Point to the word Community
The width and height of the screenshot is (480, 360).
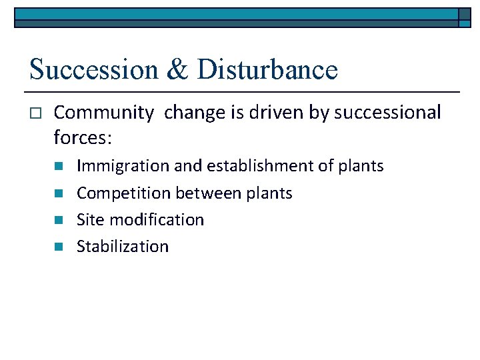(x=103, y=113)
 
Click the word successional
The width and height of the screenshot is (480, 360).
(x=387, y=113)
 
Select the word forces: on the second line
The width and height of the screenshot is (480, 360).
(x=83, y=138)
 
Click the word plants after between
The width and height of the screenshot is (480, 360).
(x=268, y=193)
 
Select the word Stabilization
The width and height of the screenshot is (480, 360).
(x=123, y=247)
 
